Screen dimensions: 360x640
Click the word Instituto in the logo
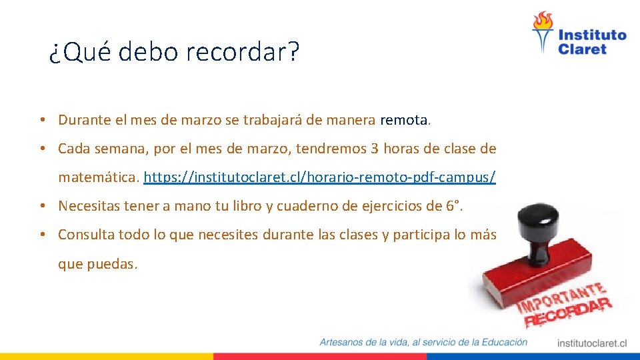(x=592, y=35)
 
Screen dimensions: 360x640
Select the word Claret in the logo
(x=582, y=49)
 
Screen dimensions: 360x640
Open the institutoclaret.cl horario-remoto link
(x=319, y=178)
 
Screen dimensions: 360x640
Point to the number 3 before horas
(x=375, y=149)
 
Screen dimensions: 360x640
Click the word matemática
(x=98, y=178)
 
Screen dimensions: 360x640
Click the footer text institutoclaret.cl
(x=592, y=343)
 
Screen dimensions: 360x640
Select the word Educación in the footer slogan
(x=499, y=342)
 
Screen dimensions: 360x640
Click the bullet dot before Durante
(x=41, y=120)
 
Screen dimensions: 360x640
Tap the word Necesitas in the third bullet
(x=87, y=206)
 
